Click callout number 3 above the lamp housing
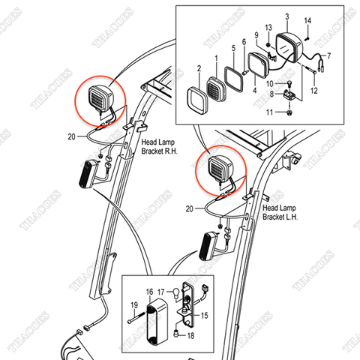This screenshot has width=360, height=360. [286, 16]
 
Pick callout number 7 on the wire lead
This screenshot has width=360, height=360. [328, 56]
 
